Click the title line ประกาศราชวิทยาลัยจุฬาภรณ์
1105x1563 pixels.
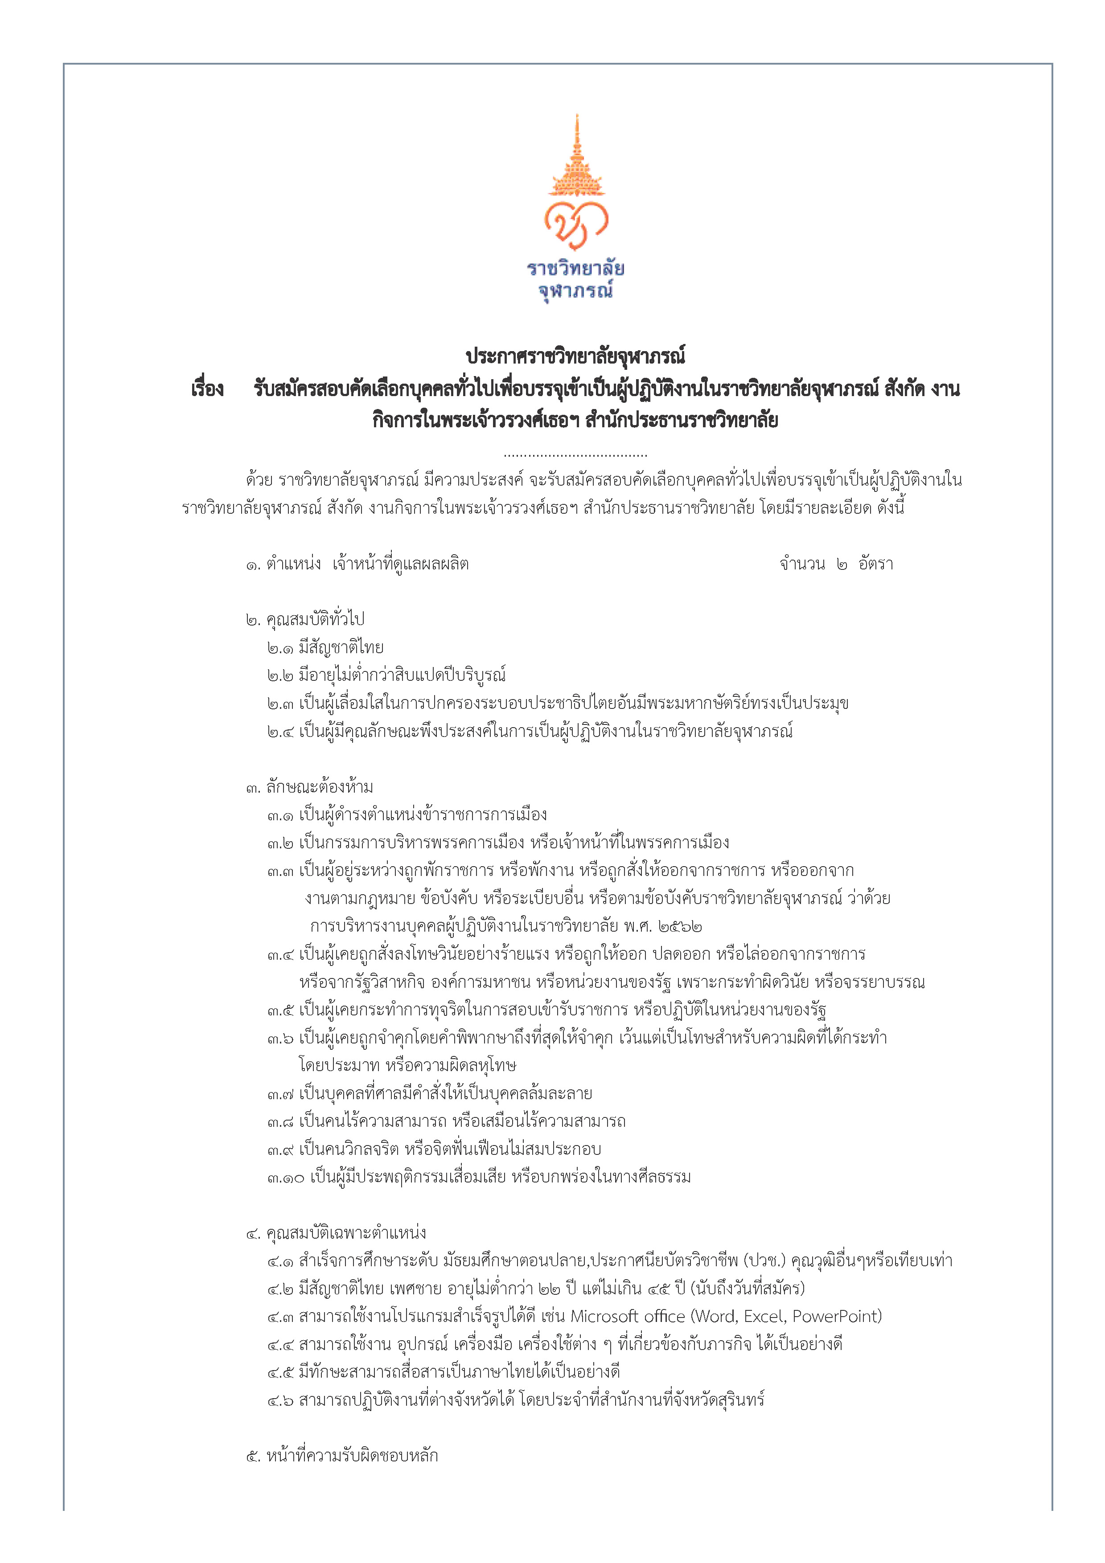575,356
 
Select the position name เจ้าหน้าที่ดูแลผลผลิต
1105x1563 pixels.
400,565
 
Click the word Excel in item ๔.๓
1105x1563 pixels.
764,1317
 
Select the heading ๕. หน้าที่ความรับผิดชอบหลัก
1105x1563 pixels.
342,1456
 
